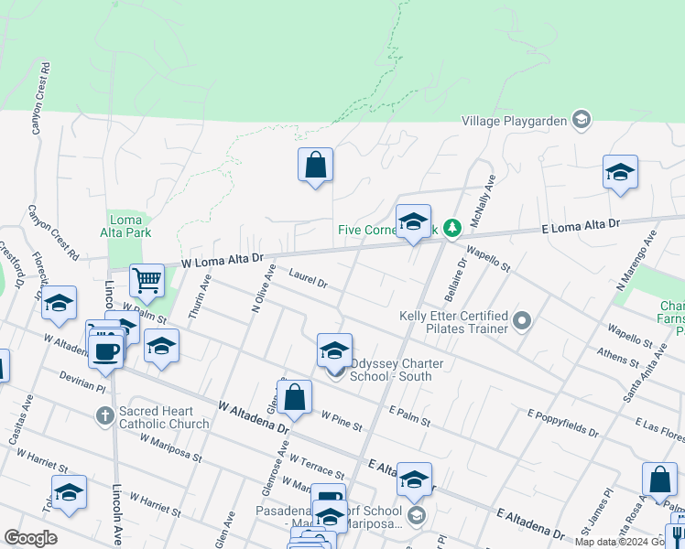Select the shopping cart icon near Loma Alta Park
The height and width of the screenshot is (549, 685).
coord(147,281)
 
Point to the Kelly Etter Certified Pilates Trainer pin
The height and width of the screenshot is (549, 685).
coord(522,321)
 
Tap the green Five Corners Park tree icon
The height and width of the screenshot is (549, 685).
coord(451,229)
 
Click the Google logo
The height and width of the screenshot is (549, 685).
coord(30,538)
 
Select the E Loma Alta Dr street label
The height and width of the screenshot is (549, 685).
coord(581,225)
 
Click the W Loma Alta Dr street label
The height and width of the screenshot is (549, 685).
coord(222,262)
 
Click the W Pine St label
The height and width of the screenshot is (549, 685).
coord(341,421)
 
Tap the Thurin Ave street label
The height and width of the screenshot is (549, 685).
coord(200,297)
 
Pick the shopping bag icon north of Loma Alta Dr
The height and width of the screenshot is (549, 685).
coord(315,166)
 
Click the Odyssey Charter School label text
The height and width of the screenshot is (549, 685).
coord(397,370)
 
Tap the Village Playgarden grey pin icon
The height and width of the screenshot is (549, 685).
coord(580,120)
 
